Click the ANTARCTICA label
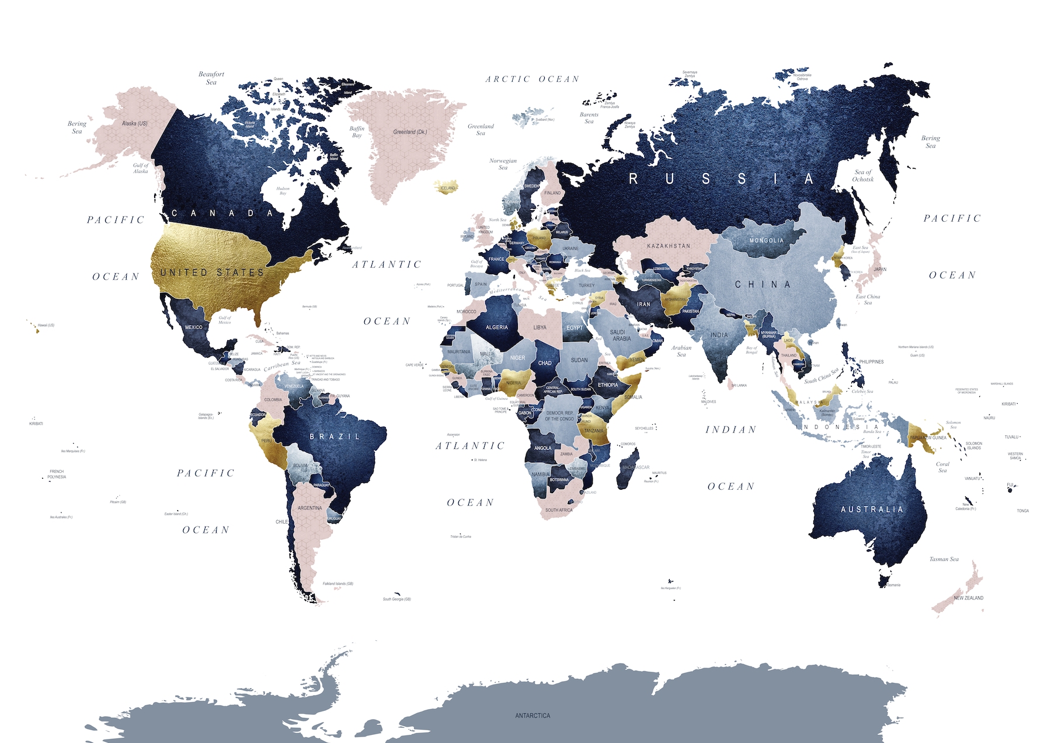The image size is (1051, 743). coord(533,716)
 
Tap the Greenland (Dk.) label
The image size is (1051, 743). coord(410,132)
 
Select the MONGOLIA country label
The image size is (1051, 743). coord(767,240)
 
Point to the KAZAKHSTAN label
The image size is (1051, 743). coord(669,246)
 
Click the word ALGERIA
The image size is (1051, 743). coord(497,327)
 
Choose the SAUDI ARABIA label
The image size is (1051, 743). coord(621,335)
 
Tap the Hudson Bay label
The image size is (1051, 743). coord(283,191)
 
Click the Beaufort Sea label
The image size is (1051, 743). coord(211,78)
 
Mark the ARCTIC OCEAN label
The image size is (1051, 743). coord(533,79)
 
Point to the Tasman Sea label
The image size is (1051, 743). coord(944,559)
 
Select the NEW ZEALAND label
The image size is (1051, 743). coord(969,598)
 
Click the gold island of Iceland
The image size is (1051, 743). coord(447,187)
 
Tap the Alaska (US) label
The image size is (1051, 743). coord(135,124)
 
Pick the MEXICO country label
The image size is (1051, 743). coord(194,327)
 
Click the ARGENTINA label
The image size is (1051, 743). coord(309,508)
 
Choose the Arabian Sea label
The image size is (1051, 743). coord(681,351)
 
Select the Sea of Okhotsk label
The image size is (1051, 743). coord(863,176)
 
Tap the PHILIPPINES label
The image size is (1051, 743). coord(871,362)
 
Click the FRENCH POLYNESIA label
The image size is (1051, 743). coord(57,474)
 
